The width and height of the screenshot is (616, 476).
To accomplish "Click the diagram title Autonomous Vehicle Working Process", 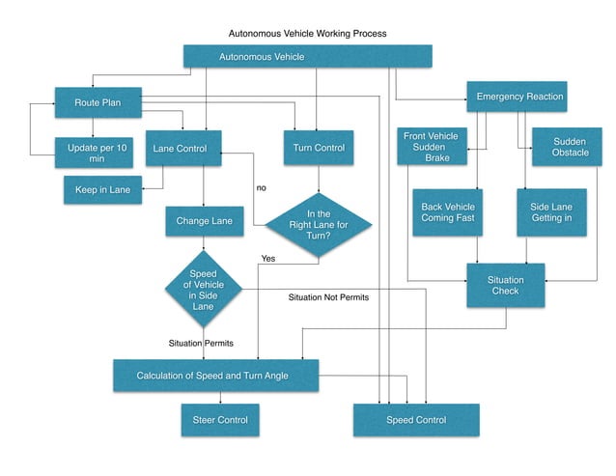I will [307, 33].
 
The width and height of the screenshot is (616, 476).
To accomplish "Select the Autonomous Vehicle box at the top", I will [307, 57].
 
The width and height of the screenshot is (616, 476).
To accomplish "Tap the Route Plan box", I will [98, 101].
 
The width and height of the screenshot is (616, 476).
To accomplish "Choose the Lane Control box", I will [183, 148].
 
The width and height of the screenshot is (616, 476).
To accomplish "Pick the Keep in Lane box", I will [102, 189].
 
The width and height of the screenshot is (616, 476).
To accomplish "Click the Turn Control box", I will [318, 148].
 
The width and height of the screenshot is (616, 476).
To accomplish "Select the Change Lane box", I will [204, 221].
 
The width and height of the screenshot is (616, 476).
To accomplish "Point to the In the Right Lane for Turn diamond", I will [318, 224].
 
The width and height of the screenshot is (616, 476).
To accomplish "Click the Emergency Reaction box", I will [520, 97].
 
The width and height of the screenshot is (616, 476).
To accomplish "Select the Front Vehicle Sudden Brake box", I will [432, 146].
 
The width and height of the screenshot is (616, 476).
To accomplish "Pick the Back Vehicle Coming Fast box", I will [448, 211].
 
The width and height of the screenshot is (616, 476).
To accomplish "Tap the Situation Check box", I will [505, 285].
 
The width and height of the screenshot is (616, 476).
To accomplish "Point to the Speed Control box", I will [416, 420].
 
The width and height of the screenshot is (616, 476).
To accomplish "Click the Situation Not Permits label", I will [328, 297].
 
